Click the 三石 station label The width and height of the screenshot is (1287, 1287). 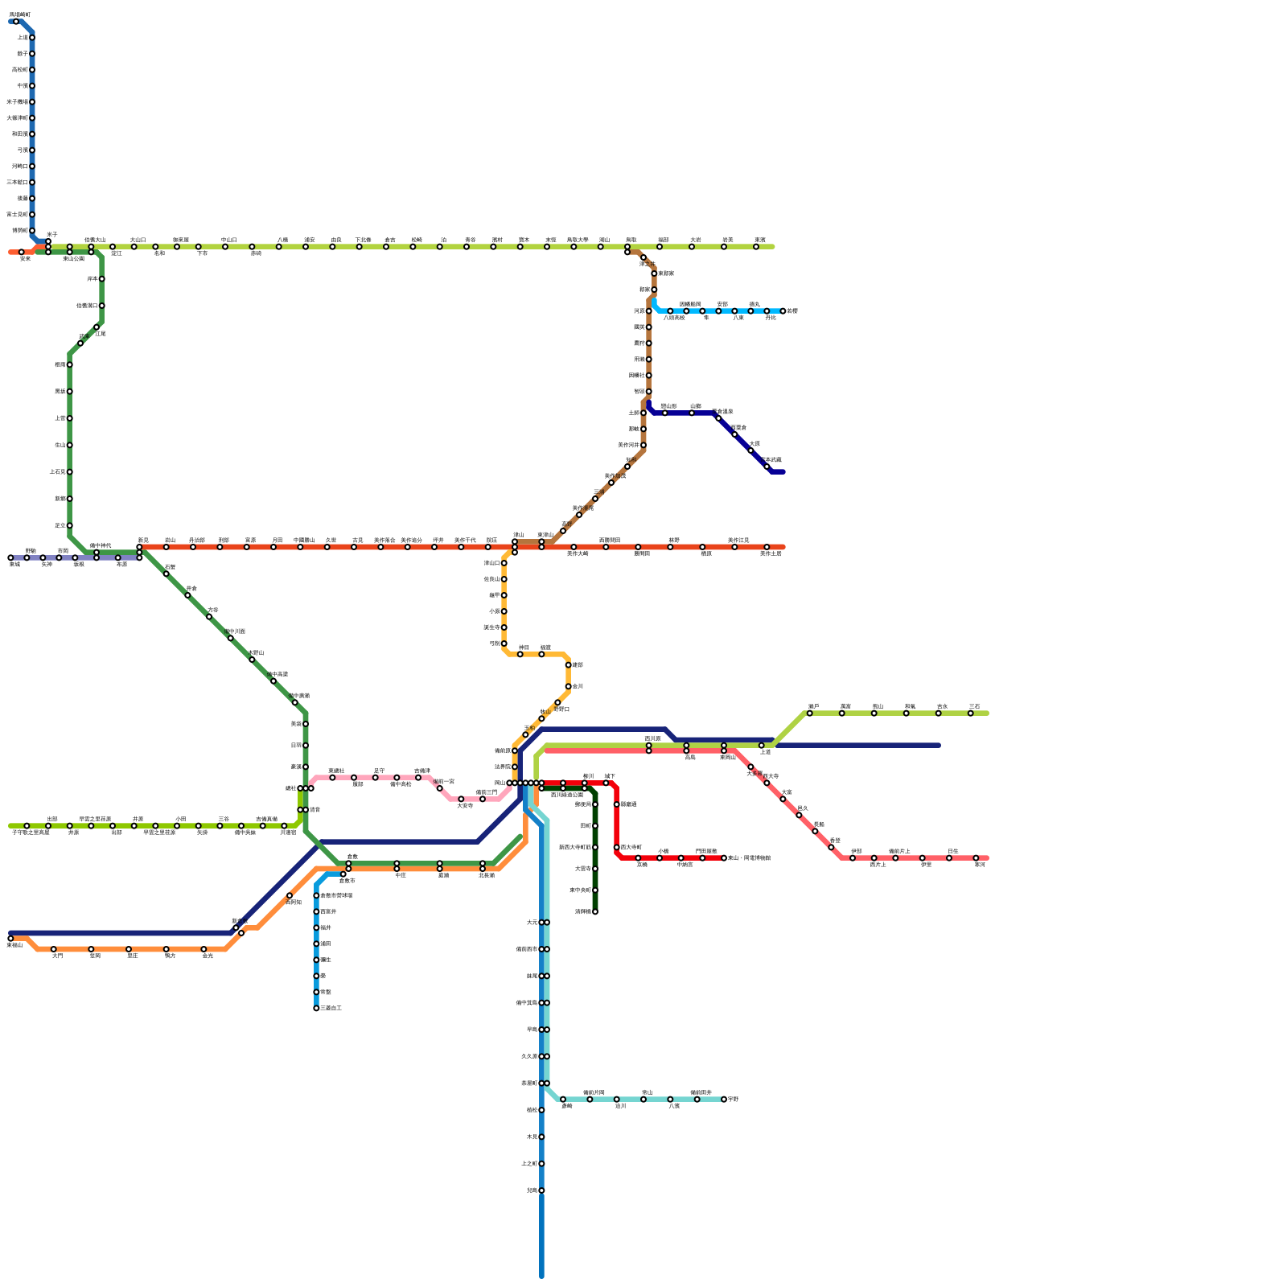click(x=974, y=706)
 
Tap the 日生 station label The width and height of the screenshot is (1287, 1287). click(x=952, y=851)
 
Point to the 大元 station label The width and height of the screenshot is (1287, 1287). click(x=532, y=923)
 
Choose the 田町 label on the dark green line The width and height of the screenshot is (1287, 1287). click(x=586, y=826)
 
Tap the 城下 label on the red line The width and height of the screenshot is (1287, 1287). click(x=610, y=776)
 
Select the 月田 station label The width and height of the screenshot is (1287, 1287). click(x=277, y=540)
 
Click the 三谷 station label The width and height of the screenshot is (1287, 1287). click(x=223, y=819)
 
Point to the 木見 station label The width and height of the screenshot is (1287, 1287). click(x=532, y=1137)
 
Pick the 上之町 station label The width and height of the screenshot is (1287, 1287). click(x=529, y=1164)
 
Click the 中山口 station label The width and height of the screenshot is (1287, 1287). click(x=228, y=240)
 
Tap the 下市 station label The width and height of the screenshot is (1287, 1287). click(x=202, y=253)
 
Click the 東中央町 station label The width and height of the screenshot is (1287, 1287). click(x=580, y=890)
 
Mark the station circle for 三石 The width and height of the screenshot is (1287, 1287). click(x=971, y=713)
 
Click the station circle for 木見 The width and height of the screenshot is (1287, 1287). click(x=541, y=1137)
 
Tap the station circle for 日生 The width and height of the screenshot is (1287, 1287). click(x=949, y=858)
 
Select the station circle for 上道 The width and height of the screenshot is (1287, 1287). click(x=762, y=746)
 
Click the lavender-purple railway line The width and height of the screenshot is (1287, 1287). click(x=80, y=557)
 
